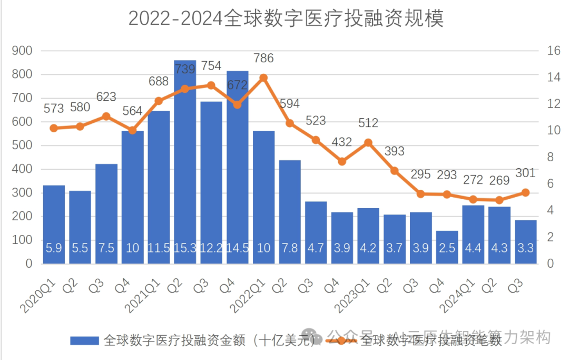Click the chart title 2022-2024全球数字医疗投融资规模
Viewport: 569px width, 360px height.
[x=286, y=18]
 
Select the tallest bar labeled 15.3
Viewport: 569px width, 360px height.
[x=185, y=158]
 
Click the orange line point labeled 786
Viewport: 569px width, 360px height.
[x=263, y=78]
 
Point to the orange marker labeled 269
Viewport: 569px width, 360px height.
[x=499, y=200]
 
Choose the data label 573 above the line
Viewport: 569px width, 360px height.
[x=54, y=109]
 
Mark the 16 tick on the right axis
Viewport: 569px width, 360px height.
[x=553, y=51]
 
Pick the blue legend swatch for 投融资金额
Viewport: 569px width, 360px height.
[x=85, y=340]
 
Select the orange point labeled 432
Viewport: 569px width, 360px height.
[x=342, y=161]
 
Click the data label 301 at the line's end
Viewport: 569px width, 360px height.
[x=525, y=173]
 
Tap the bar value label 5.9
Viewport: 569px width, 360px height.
[x=54, y=247]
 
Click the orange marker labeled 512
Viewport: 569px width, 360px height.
[x=368, y=142]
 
